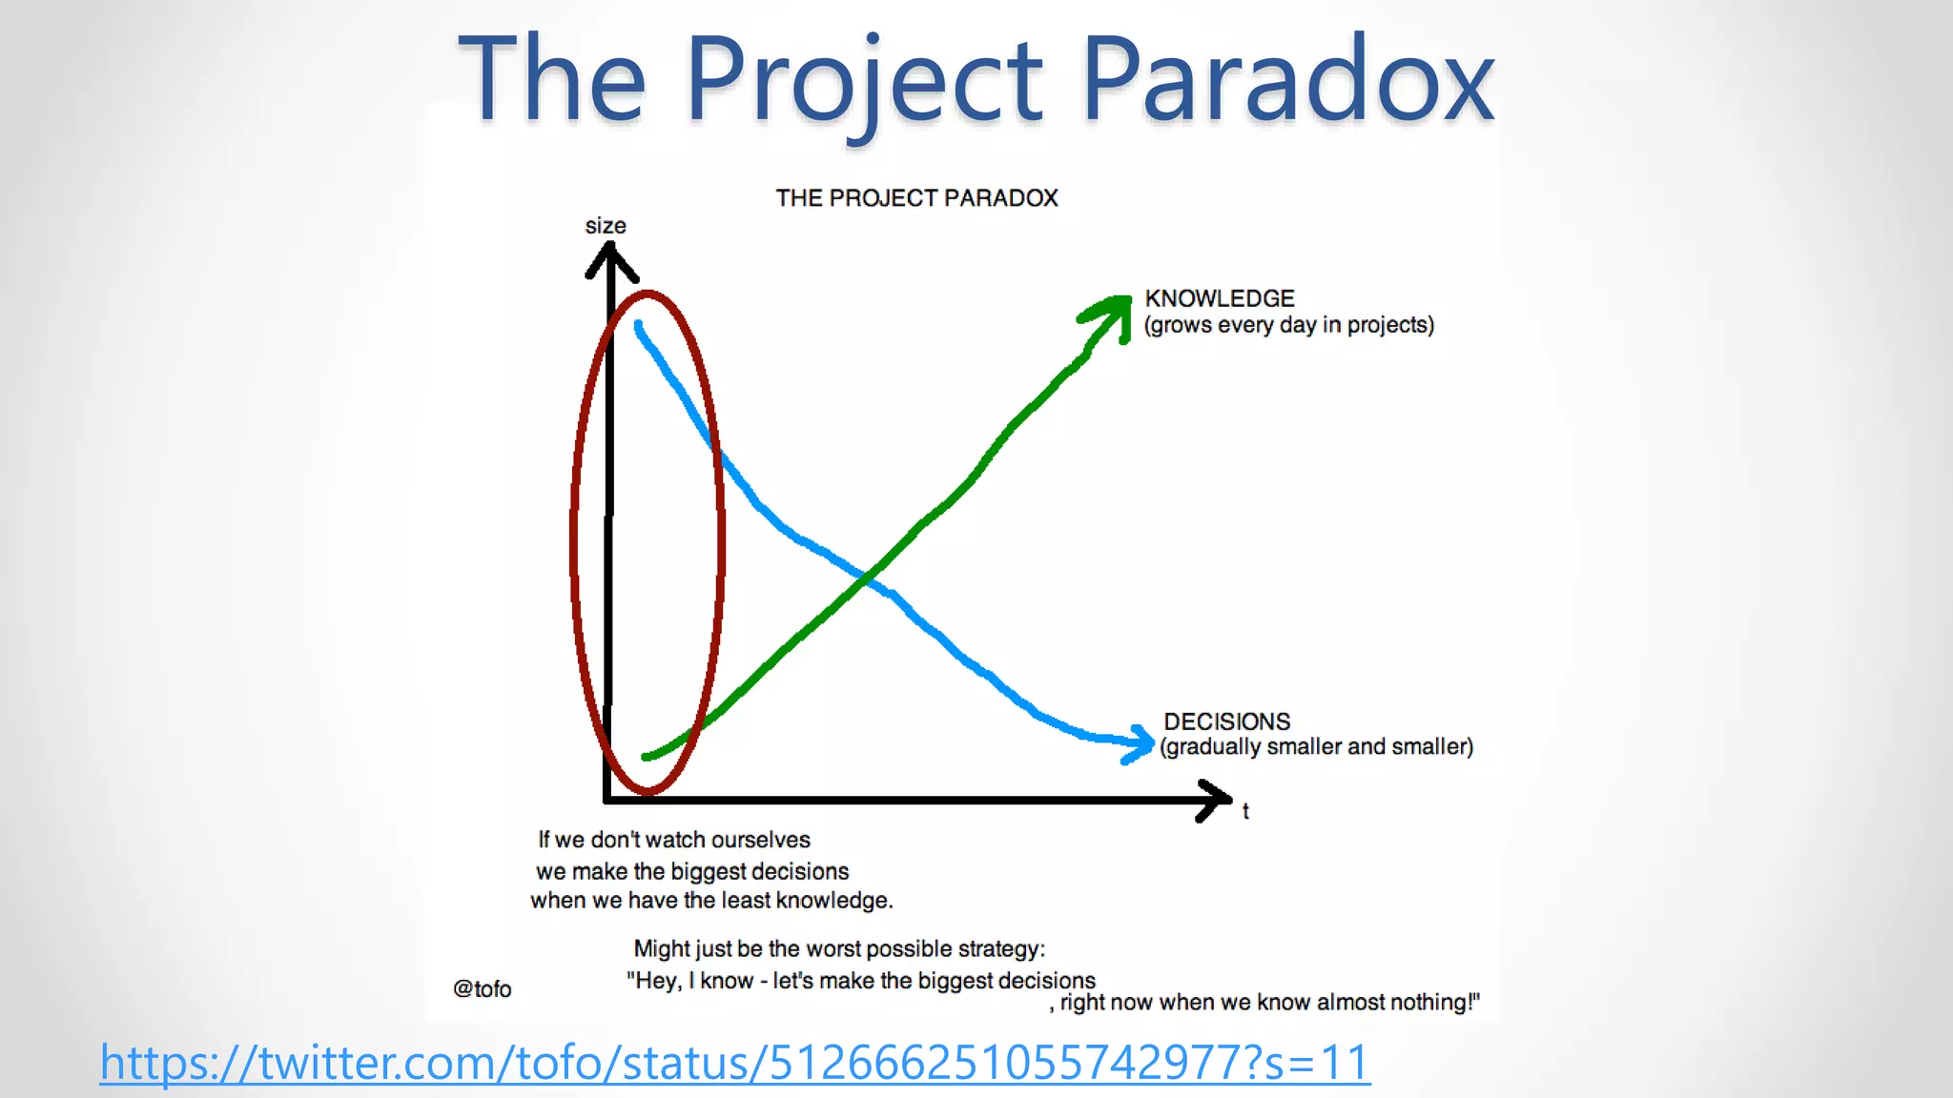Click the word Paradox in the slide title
tap(1287, 81)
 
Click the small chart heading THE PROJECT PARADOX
tap(916, 198)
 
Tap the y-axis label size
tap(606, 226)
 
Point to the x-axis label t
tap(1245, 811)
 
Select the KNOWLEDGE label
tap(1220, 298)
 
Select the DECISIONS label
tap(1226, 722)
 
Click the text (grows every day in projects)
tap(1288, 325)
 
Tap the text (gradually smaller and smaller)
tap(1316, 747)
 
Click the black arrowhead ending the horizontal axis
tap(1216, 800)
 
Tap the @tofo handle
tap(482, 989)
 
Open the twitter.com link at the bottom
tap(734, 1063)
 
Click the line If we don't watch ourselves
tap(673, 840)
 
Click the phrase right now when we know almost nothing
tap(1268, 1003)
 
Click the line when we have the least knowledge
tap(711, 901)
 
